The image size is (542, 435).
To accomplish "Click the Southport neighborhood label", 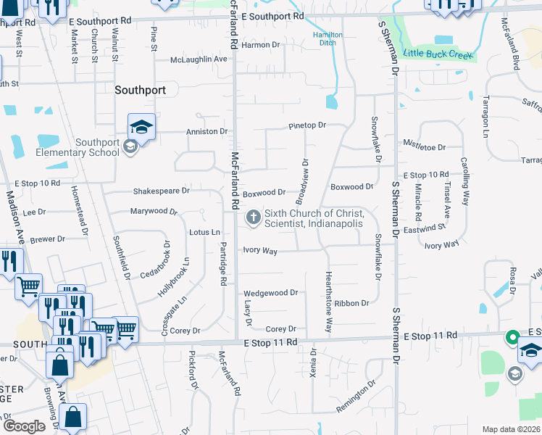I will (141, 91).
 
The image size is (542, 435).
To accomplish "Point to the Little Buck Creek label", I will (438, 54).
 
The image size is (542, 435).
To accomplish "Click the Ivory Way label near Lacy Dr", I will (260, 251).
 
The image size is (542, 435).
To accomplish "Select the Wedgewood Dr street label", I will (271, 293).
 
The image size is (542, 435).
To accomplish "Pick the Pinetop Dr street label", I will (307, 125).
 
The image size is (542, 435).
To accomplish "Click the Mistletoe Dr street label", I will (425, 147).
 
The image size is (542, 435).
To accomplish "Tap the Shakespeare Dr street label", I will (161, 191).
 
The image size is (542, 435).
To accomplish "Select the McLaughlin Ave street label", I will (199, 59).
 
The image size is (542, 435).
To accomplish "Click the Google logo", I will (25, 426).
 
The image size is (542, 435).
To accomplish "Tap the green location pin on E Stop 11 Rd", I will (512, 338).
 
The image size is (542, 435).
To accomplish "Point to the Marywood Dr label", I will (154, 212).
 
